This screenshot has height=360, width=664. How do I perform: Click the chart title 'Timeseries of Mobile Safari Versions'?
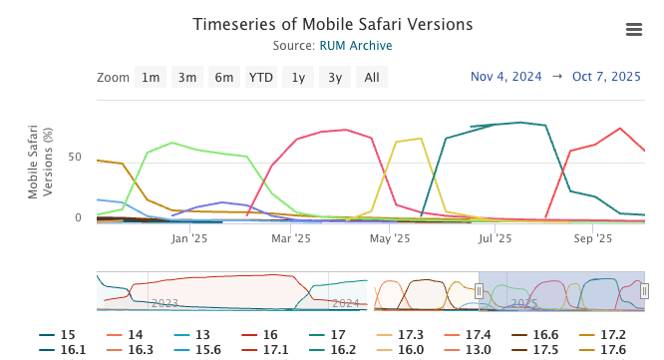(332, 24)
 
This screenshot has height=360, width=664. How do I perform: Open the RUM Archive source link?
(356, 46)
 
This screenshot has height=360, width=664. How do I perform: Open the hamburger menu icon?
(633, 30)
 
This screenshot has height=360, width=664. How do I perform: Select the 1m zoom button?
(151, 78)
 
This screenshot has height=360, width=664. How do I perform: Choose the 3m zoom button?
(187, 78)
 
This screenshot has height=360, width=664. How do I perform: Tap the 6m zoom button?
(224, 78)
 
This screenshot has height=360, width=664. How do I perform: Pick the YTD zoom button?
(261, 78)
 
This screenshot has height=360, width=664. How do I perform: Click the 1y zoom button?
(298, 78)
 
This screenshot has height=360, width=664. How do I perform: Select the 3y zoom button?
(335, 78)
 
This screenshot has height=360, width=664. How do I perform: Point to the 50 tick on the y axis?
(74, 158)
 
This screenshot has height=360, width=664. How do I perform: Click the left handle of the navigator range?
(479, 291)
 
